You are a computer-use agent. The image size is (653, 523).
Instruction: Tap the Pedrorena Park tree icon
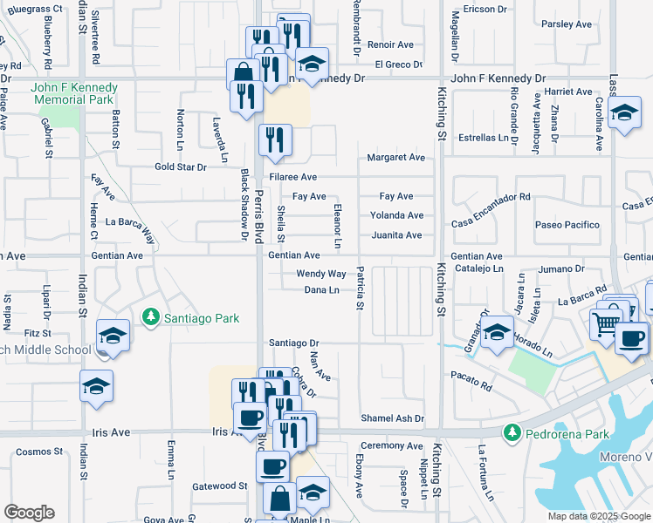click(513, 432)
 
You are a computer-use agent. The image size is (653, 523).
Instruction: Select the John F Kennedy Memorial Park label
click(73, 93)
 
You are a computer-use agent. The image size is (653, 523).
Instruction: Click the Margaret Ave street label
click(395, 158)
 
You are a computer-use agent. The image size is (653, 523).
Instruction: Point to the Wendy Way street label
click(321, 274)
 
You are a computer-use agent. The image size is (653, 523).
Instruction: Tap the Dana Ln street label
click(321, 290)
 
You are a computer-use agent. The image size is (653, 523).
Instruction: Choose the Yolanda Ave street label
click(396, 215)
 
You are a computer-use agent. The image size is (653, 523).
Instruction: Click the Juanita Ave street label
click(396, 235)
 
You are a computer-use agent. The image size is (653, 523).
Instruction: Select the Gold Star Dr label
click(181, 166)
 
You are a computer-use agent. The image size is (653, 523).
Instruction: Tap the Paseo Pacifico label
click(568, 225)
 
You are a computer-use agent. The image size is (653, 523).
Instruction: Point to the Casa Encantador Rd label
click(491, 198)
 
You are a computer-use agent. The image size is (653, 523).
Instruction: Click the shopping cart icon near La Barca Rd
click(606, 323)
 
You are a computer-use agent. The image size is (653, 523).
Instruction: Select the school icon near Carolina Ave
click(624, 112)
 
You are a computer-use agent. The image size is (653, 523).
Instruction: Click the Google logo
click(29, 513)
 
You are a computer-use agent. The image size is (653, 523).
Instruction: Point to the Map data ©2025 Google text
click(598, 516)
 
